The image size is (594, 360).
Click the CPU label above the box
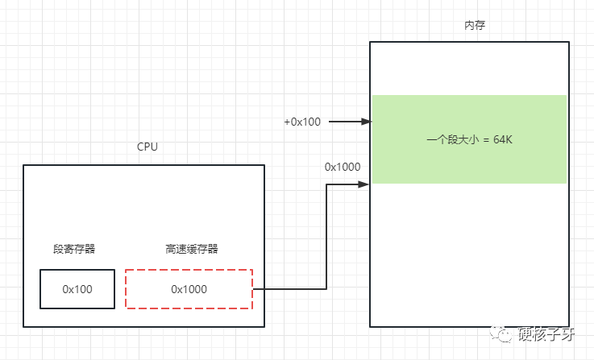[147, 147]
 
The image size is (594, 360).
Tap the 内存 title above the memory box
[475, 25]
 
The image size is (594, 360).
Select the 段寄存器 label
[74, 249]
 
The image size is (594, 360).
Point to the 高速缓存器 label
[192, 249]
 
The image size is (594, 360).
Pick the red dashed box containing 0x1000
[189, 270]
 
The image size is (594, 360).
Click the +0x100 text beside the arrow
[302, 122]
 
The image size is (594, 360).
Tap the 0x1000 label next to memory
[343, 167]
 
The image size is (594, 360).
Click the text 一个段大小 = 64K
[469, 139]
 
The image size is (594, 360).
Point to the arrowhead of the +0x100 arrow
[367, 122]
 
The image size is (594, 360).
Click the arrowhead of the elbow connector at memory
[363, 184]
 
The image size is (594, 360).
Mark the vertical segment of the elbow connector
[326, 237]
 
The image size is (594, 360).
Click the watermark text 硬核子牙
[546, 334]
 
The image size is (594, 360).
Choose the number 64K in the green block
[503, 139]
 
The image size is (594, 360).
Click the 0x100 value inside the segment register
[77, 289]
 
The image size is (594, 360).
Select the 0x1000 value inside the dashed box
[189, 289]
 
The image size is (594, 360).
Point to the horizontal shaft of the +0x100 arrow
[345, 122]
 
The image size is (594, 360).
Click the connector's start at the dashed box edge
[253, 289]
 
